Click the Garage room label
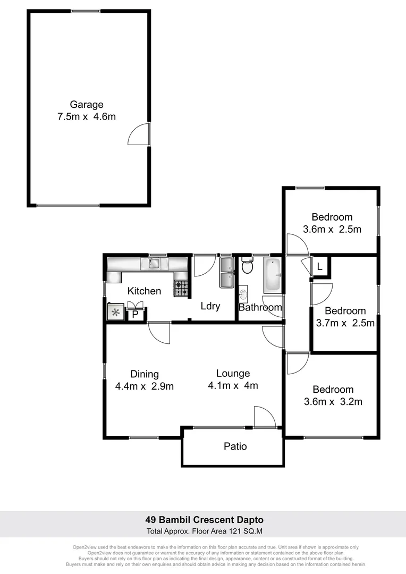point(87,105)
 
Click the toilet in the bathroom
point(247,265)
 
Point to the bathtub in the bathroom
point(274,275)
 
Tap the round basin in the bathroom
point(243,293)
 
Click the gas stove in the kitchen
point(181,289)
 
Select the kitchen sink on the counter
point(155,263)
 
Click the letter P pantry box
point(135,314)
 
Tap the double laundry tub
point(226,272)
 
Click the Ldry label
point(210,306)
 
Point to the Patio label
point(235,446)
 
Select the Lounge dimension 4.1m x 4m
point(233,385)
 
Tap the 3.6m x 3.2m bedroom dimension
point(333,402)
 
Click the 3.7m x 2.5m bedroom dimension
point(345,323)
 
